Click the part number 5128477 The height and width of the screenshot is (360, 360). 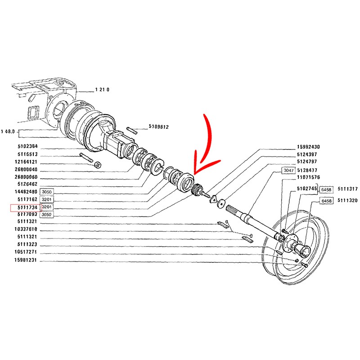[x=308, y=170]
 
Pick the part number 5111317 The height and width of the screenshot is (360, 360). [x=347, y=189]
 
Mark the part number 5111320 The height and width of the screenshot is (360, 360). [x=347, y=201]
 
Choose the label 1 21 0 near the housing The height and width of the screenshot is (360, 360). [x=102, y=89]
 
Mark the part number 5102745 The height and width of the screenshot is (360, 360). [x=308, y=189]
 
